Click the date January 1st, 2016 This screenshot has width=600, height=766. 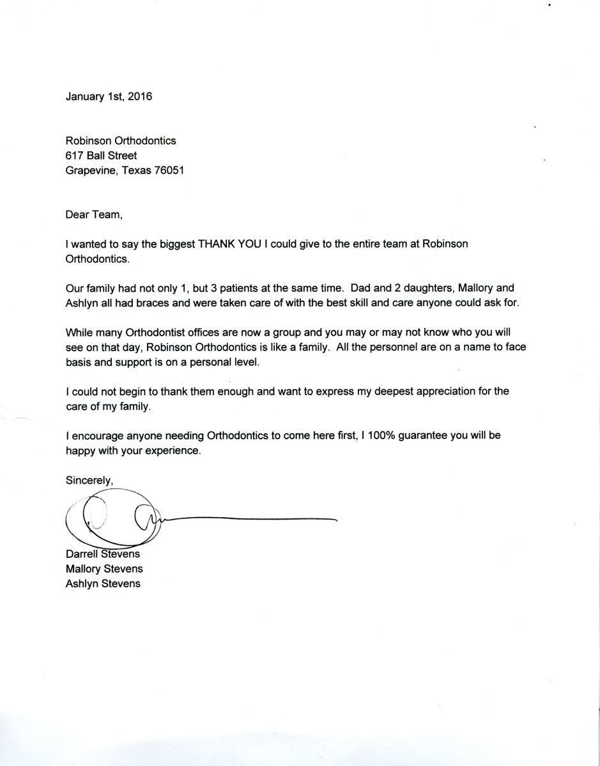(109, 97)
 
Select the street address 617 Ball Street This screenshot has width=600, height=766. (101, 155)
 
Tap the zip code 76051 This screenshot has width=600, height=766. (169, 170)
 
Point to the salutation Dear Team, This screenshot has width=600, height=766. (93, 214)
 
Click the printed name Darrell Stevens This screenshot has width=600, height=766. (102, 553)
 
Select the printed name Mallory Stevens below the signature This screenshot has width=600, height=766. (104, 568)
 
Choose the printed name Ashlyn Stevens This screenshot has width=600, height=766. (103, 583)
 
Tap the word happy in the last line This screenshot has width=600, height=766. (80, 451)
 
